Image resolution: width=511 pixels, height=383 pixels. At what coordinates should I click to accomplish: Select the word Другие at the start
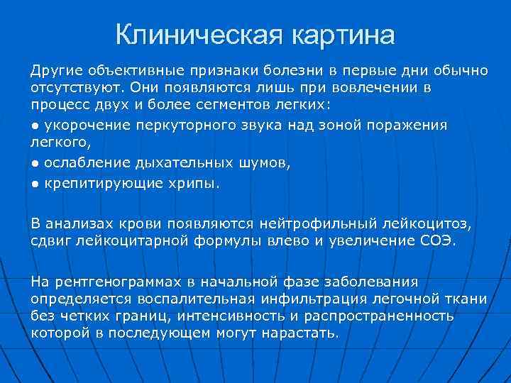click(54, 72)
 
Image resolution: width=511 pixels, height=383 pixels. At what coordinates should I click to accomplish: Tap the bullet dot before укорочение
click(34, 126)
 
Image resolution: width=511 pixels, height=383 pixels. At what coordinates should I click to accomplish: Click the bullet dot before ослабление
click(34, 162)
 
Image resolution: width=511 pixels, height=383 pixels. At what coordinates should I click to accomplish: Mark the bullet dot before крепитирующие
click(34, 183)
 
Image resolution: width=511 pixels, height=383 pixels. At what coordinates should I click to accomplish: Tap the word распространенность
click(395, 316)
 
